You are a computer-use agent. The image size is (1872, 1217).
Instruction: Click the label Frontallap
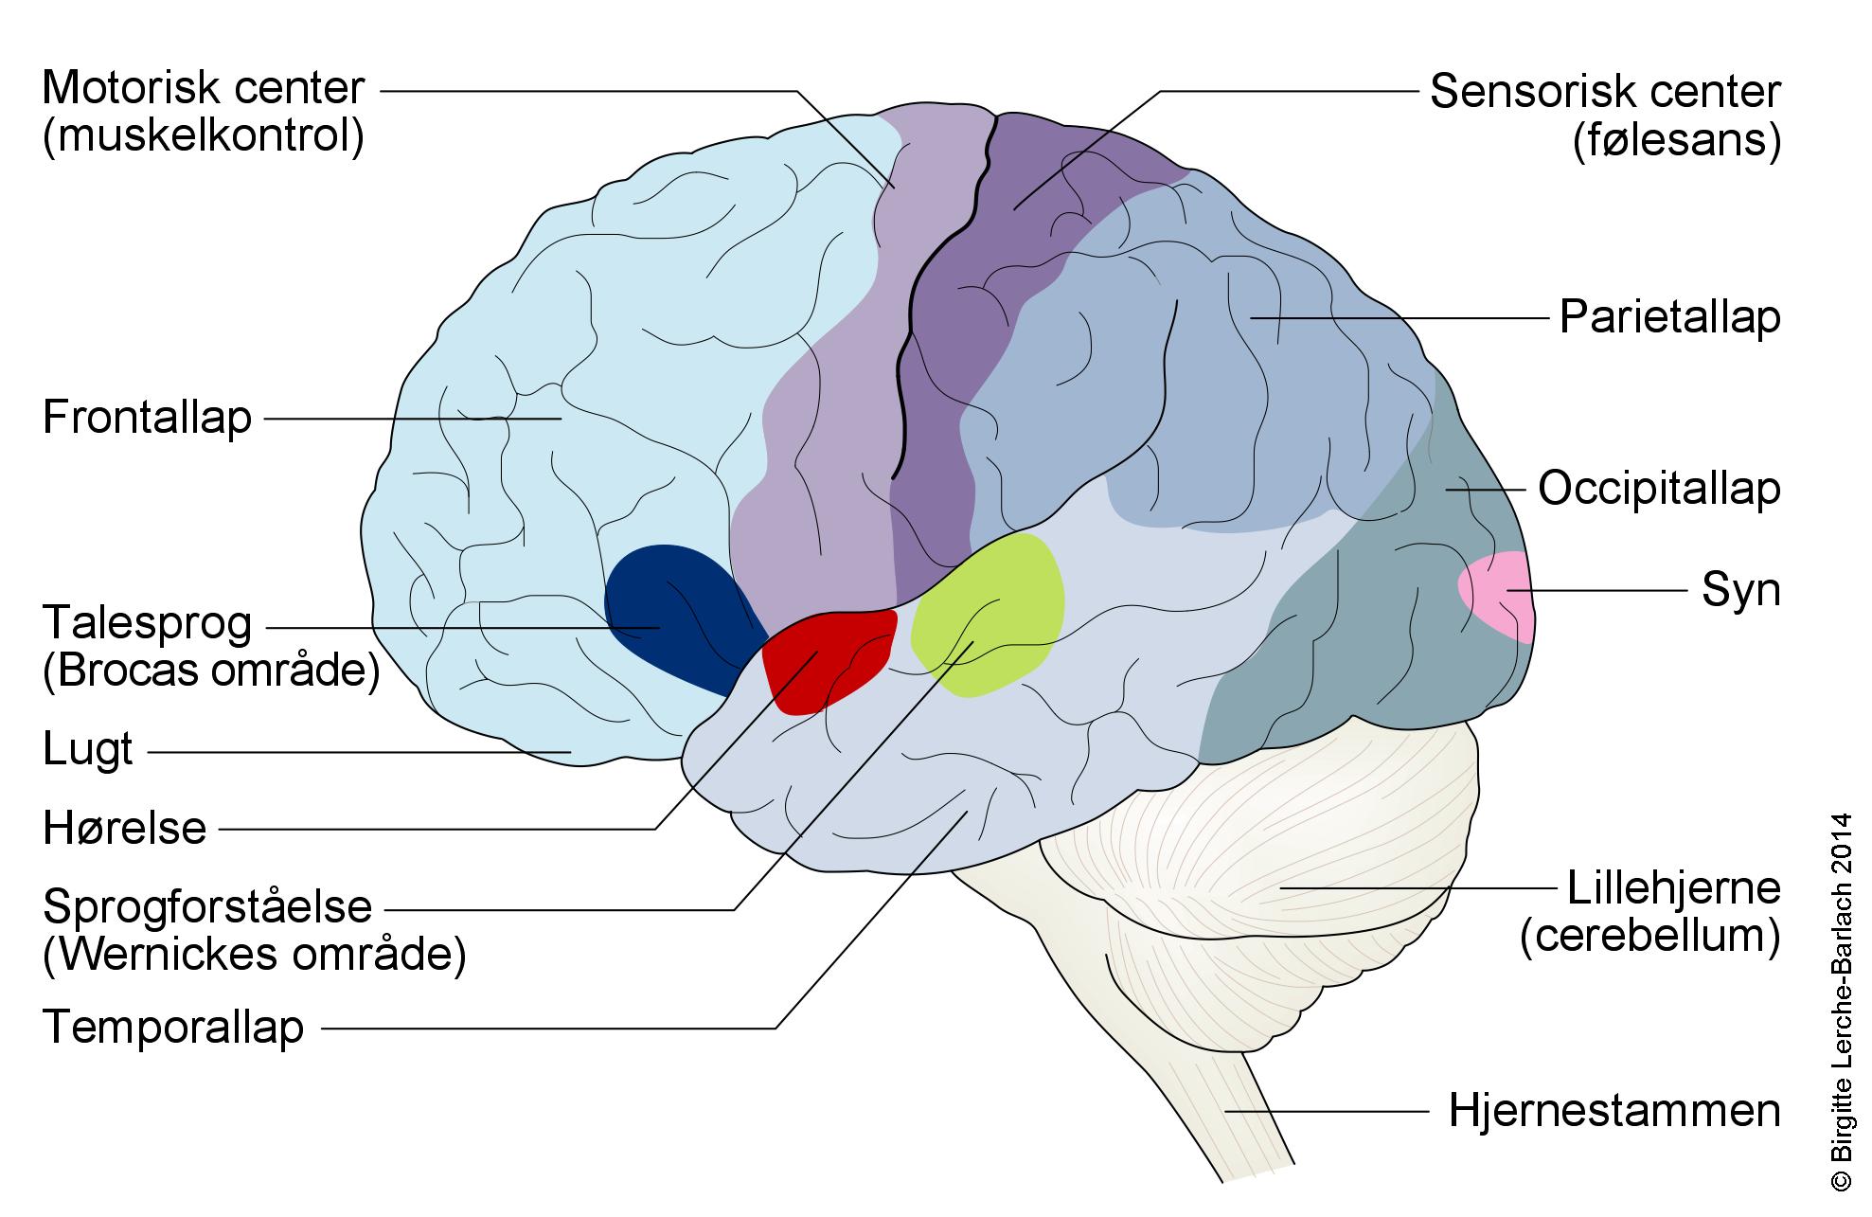[148, 417]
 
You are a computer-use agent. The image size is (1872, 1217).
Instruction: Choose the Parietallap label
[1669, 317]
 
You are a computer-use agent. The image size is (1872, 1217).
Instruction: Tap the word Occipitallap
[1659, 489]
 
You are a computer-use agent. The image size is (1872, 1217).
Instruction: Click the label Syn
[1740, 590]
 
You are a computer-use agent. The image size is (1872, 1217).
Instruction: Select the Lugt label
[88, 751]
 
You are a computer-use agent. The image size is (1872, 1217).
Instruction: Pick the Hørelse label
[125, 829]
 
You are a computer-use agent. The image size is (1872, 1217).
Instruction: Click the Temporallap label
[173, 1028]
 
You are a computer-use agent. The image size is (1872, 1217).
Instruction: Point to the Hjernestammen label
[1614, 1110]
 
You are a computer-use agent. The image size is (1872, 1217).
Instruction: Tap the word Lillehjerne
[1673, 888]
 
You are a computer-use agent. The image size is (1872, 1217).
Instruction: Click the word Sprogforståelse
[208, 907]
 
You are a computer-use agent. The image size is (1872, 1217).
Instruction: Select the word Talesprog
[148, 623]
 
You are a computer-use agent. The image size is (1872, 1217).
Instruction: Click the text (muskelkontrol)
[204, 136]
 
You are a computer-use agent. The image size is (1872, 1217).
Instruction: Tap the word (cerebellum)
[1650, 936]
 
